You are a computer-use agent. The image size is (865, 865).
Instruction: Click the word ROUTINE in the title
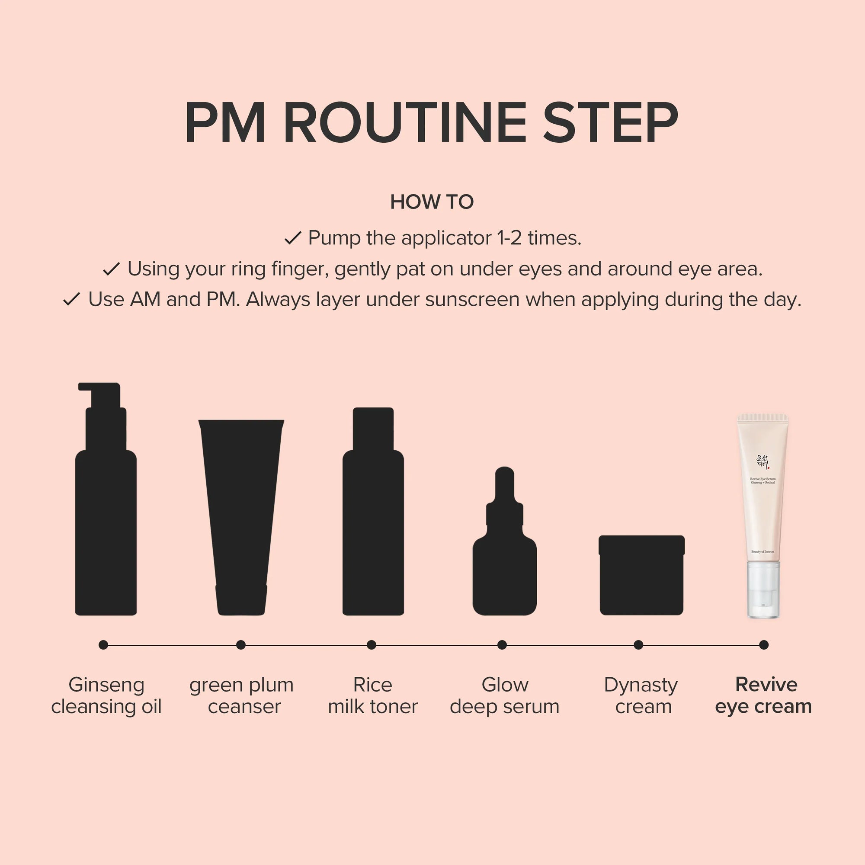click(405, 122)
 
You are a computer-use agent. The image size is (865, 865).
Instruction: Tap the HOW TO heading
click(432, 202)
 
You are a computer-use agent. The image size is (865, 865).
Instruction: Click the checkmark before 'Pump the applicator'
click(293, 238)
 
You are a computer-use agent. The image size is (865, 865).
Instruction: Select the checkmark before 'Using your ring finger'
click(111, 269)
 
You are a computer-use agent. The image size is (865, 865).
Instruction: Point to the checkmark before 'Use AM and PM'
click(72, 299)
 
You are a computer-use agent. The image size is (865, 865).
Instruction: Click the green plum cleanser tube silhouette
click(241, 515)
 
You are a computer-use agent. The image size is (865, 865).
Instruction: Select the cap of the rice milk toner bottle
click(373, 428)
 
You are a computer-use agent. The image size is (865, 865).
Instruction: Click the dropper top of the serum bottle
click(505, 493)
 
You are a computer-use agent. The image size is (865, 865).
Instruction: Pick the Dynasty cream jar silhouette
click(641, 575)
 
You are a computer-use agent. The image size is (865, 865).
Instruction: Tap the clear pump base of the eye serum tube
click(763, 589)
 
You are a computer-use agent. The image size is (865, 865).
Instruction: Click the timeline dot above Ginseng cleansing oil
click(103, 645)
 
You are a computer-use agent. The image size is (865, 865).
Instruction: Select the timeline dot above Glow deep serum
click(502, 645)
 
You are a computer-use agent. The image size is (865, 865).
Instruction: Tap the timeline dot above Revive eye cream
click(764, 645)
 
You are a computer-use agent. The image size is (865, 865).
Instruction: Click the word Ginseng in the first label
click(106, 685)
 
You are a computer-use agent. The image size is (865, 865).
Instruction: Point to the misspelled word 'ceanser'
click(244, 707)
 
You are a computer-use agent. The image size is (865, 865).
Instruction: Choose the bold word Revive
click(766, 684)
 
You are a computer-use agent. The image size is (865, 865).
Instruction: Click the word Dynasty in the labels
click(641, 685)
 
